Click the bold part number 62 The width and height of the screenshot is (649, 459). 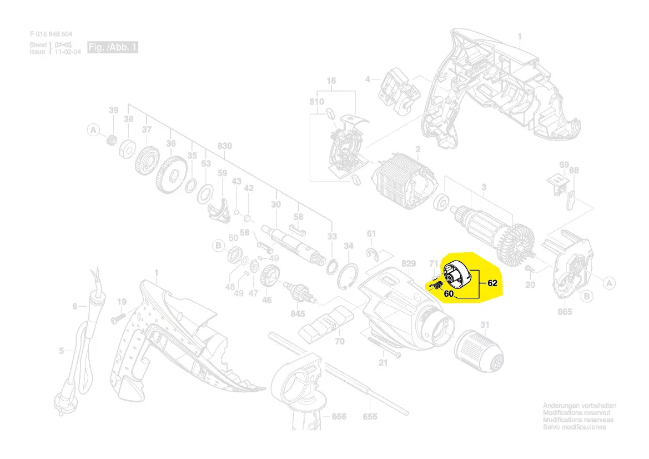click(x=492, y=283)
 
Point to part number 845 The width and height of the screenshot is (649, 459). click(x=298, y=314)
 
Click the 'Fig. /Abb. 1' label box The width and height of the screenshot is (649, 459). click(x=113, y=48)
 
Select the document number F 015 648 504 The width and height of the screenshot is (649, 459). click(x=51, y=34)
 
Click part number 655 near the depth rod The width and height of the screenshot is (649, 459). click(x=370, y=417)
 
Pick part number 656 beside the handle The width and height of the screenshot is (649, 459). click(x=339, y=417)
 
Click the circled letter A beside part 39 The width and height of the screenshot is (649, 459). click(x=93, y=131)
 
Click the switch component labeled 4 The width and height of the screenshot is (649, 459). click(x=396, y=88)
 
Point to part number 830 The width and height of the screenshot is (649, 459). click(x=224, y=146)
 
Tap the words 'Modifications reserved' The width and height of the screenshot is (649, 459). click(x=576, y=413)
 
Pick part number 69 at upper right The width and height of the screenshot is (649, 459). click(x=564, y=165)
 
